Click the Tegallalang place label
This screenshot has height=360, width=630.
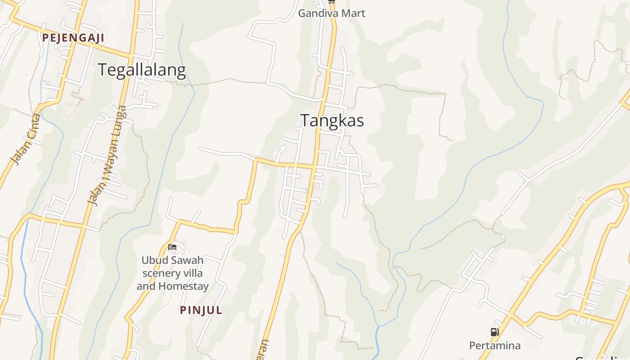(x=141, y=70)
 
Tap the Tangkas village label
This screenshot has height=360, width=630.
(x=332, y=121)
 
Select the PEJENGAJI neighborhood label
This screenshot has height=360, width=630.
(x=73, y=38)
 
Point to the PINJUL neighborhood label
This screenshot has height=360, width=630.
(x=201, y=310)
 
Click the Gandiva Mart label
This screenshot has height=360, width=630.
(x=332, y=13)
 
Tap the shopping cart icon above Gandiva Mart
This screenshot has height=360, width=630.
(x=332, y=2)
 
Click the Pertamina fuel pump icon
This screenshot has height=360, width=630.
(x=495, y=333)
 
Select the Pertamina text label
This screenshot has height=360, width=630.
(x=495, y=346)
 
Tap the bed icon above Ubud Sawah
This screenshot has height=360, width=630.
(x=172, y=247)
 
